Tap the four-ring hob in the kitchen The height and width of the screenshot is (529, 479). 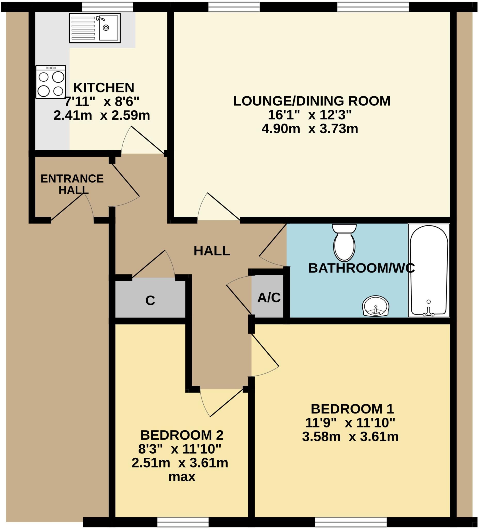pyautogui.click(x=51, y=82)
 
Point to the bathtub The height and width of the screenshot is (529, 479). pyautogui.click(x=429, y=270)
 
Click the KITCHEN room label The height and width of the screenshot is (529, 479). pyautogui.click(x=103, y=88)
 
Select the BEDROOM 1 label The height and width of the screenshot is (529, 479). pyautogui.click(x=352, y=409)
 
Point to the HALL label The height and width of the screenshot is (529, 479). pyautogui.click(x=212, y=251)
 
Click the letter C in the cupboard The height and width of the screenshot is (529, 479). pyautogui.click(x=150, y=300)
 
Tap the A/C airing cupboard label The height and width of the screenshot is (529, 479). pyautogui.click(x=269, y=298)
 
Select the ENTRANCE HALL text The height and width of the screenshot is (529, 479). pyautogui.click(x=72, y=184)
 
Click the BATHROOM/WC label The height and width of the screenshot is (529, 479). pyautogui.click(x=362, y=268)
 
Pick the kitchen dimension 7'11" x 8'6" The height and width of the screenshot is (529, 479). pyautogui.click(x=102, y=102)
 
